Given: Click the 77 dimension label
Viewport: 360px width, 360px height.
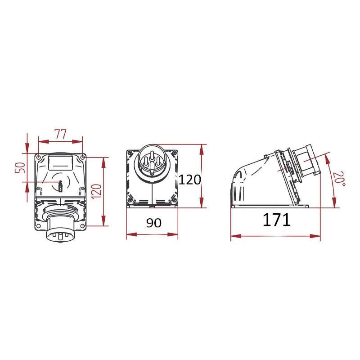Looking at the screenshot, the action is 60,135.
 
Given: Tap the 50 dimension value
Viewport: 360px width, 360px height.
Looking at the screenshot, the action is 20,167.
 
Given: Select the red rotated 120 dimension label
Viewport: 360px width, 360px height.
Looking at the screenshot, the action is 97,191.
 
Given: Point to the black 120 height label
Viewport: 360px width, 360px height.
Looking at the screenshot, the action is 189,180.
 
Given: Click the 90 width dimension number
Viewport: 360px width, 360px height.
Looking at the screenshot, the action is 154,223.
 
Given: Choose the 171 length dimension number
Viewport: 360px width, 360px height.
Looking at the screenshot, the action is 276,220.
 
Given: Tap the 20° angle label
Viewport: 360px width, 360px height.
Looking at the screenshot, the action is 339,179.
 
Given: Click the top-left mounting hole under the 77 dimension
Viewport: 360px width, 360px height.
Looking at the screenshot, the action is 39,157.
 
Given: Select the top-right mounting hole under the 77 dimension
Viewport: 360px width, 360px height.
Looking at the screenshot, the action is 82,157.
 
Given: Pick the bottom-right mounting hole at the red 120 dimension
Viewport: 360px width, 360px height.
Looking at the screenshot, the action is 82,226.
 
